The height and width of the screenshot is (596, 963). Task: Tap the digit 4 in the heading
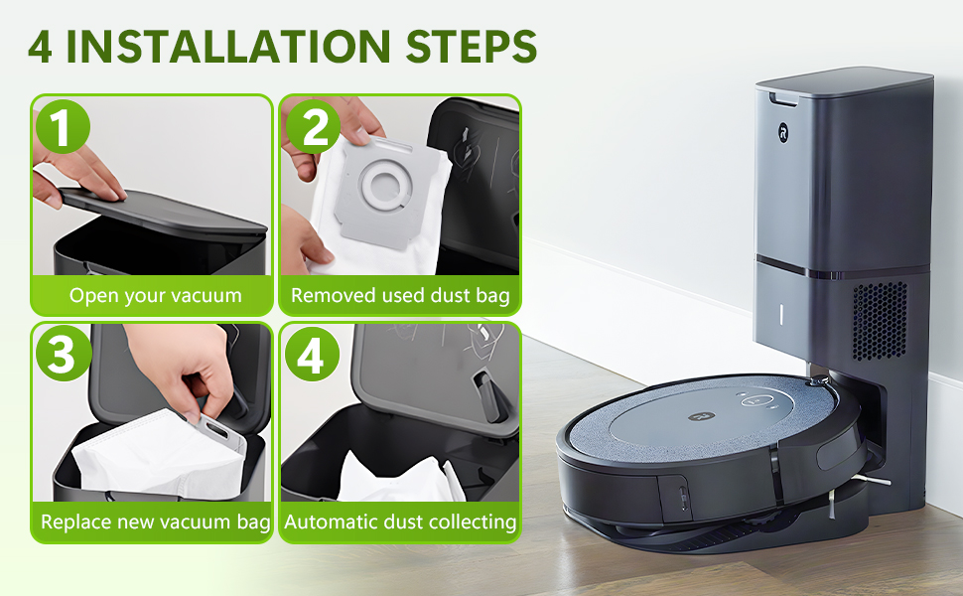(41, 46)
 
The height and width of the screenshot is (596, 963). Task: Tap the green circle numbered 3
(63, 355)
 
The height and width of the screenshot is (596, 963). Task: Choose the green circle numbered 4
(312, 355)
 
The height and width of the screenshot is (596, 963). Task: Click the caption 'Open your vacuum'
(155, 295)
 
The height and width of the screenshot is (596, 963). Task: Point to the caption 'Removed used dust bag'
(400, 295)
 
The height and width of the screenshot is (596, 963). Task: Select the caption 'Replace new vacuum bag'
(155, 521)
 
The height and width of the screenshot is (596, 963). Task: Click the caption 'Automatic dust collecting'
(400, 521)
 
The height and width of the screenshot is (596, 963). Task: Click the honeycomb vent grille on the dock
(879, 320)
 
